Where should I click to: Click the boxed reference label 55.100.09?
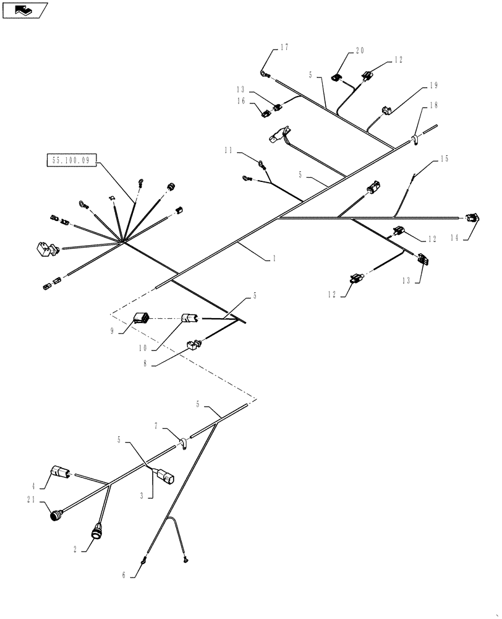tap(70, 160)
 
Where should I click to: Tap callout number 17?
tap(284, 46)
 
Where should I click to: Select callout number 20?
tap(359, 52)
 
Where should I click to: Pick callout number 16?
tap(240, 100)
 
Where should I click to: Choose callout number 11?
tap(229, 150)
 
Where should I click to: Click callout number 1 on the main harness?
tap(273, 259)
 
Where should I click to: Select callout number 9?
tap(113, 331)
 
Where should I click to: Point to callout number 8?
tap(146, 365)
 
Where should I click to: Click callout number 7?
tap(156, 426)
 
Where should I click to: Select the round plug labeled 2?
tap(96, 532)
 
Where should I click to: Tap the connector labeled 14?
tap(474, 219)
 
